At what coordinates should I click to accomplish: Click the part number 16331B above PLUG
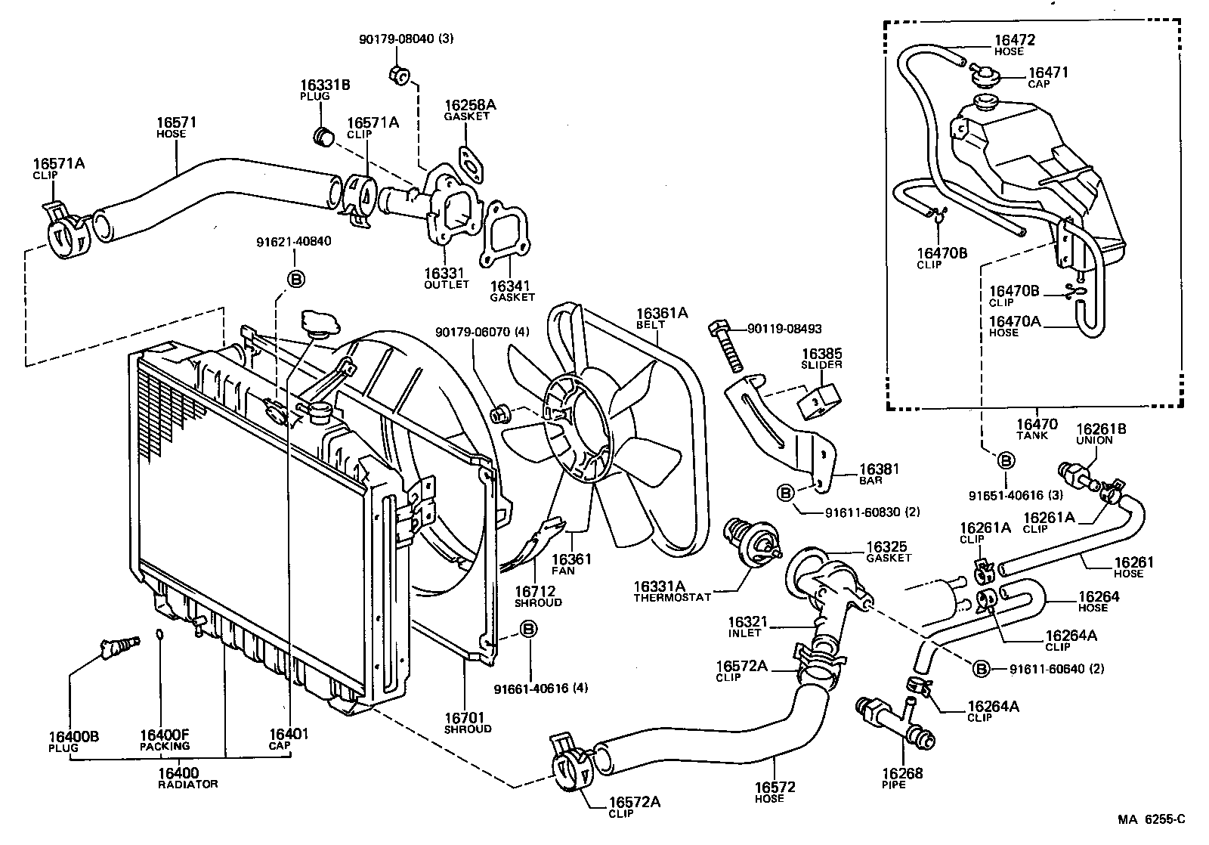coord(324,85)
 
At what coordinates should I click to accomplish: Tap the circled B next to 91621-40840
coord(296,279)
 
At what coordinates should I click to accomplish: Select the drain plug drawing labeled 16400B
coord(119,645)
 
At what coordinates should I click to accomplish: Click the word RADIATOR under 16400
coord(188,785)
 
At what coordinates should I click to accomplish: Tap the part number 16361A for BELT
coord(662,313)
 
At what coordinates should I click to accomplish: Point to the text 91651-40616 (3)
coord(1017,495)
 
